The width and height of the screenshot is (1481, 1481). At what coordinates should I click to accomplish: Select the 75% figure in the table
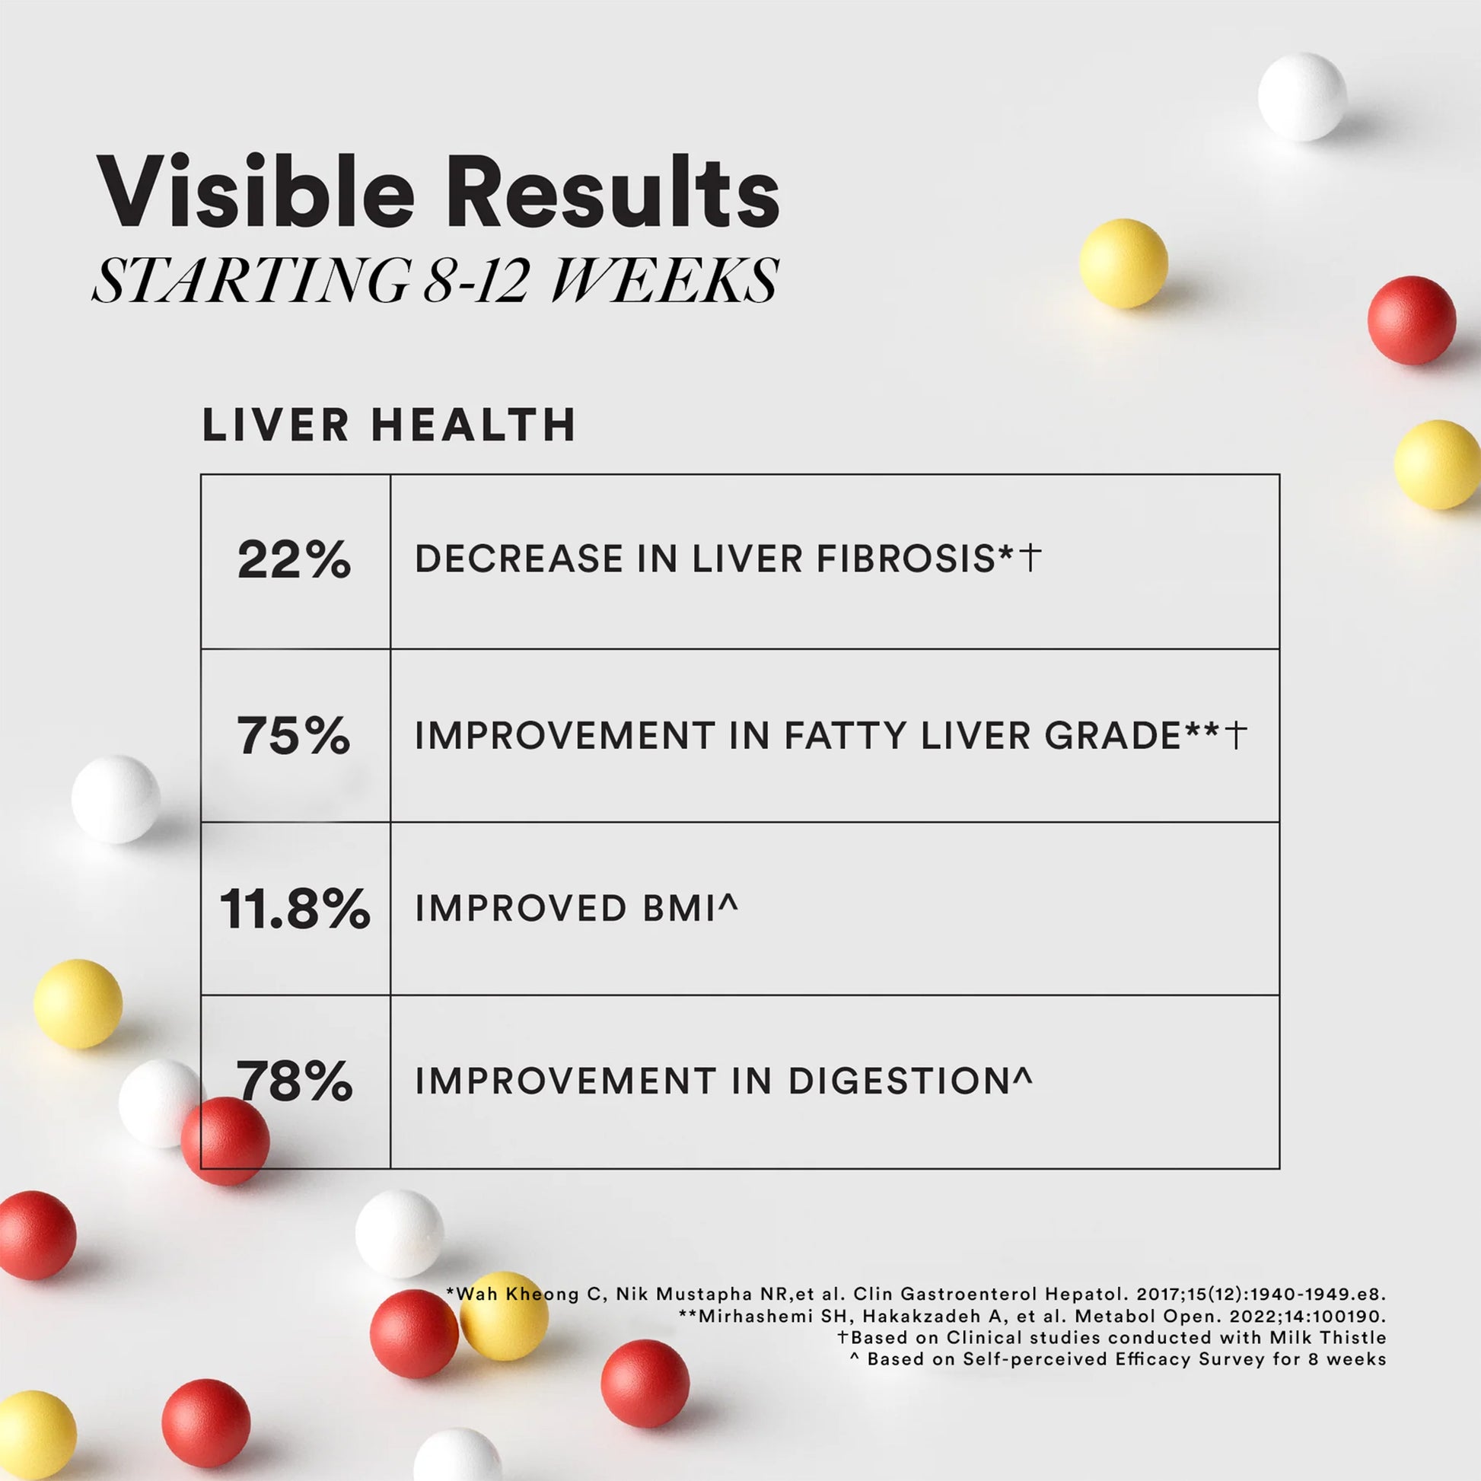tap(294, 735)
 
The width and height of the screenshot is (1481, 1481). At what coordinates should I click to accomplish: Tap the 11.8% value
tap(295, 909)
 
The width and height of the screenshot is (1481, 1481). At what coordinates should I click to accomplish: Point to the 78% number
tap(295, 1081)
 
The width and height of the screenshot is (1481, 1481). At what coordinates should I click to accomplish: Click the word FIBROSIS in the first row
tap(905, 559)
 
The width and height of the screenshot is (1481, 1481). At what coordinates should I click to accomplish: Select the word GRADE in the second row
tap(1113, 736)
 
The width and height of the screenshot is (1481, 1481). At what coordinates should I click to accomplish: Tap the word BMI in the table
tap(679, 909)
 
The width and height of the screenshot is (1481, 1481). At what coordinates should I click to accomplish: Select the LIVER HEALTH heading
tap(389, 425)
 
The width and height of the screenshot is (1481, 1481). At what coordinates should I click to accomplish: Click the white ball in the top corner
tap(1301, 97)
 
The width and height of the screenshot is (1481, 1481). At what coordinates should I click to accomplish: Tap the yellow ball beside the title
tap(1123, 263)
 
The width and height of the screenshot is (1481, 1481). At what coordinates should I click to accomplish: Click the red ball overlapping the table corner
tap(225, 1141)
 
